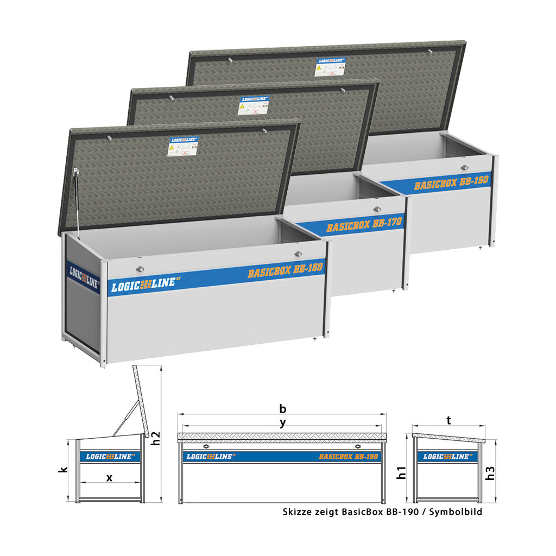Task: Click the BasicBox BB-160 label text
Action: tap(285, 270)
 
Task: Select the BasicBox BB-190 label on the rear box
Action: tap(452, 182)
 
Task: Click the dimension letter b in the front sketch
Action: tap(282, 408)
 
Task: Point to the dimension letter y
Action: tap(282, 424)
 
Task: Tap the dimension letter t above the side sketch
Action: tap(448, 420)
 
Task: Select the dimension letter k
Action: tap(62, 471)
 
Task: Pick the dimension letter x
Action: tap(109, 478)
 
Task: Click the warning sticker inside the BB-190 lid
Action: tap(330, 67)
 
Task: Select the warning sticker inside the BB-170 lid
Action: tap(252, 106)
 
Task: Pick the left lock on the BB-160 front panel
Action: tap(140, 269)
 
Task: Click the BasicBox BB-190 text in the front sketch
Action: tap(348, 457)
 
